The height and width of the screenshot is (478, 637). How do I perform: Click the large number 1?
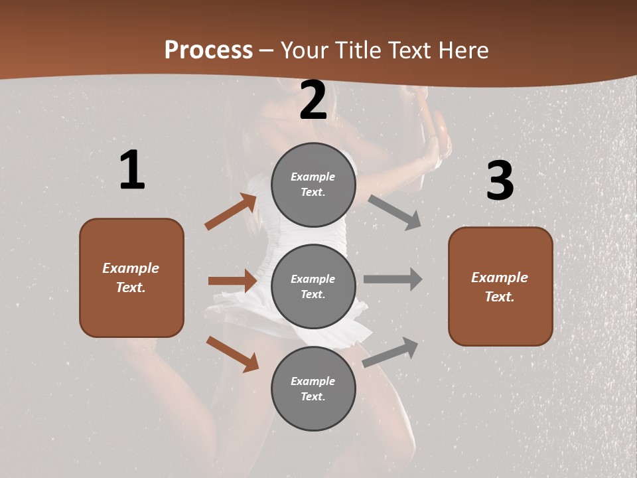click(132, 171)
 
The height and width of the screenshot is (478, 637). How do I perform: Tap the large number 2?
click(313, 100)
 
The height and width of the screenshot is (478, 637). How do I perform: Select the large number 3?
click(500, 181)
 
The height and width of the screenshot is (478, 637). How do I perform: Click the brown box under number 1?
click(131, 278)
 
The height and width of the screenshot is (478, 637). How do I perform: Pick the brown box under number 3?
click(500, 286)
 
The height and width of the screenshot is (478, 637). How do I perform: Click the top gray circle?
click(313, 185)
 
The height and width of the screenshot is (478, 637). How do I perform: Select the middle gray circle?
click(313, 286)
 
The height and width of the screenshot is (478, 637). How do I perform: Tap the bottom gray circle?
click(313, 388)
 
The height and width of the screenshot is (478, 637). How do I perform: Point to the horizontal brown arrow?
click(232, 281)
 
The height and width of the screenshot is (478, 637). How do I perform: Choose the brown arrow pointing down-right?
click(232, 354)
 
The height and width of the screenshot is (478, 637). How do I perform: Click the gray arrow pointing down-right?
click(395, 212)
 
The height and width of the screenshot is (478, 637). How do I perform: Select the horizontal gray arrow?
click(393, 279)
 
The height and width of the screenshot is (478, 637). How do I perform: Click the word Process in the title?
click(208, 50)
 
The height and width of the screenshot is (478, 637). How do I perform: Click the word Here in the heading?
click(464, 50)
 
